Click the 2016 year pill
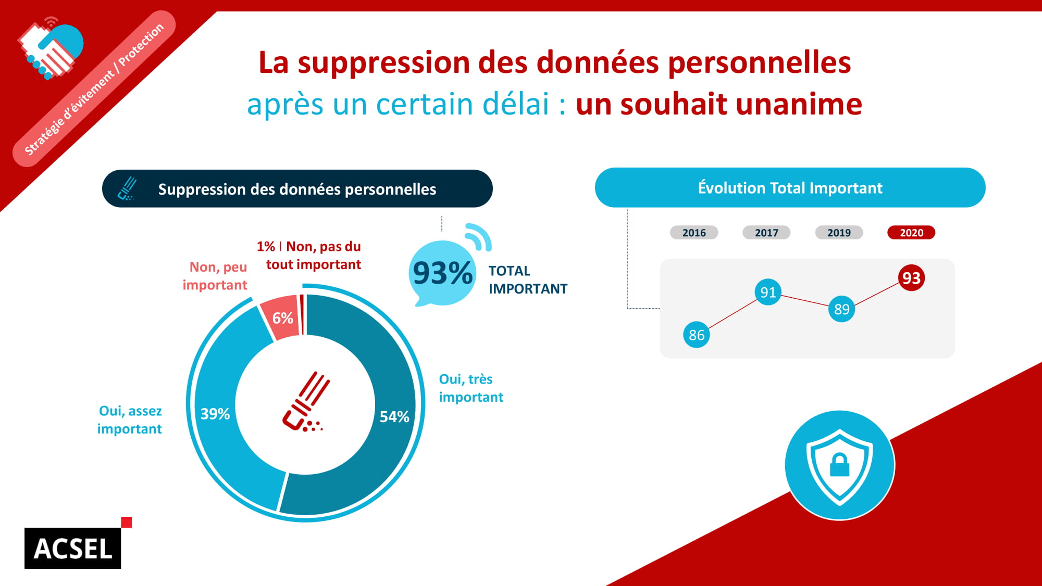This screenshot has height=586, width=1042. [x=694, y=233]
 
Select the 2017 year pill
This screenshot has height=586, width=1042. [x=766, y=233]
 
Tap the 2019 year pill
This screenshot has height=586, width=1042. [x=839, y=233]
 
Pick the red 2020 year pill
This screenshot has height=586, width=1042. [x=911, y=233]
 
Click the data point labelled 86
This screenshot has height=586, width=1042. [x=697, y=335]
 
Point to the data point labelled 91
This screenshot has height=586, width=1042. [x=768, y=292]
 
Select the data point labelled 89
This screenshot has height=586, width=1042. [x=841, y=309]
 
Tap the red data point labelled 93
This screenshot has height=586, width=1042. [x=911, y=278]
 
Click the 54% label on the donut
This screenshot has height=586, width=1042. [x=394, y=416]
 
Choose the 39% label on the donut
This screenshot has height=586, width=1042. [x=215, y=414]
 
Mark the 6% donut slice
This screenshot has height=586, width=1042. [x=282, y=318]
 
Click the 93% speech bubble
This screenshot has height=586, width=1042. [x=442, y=273]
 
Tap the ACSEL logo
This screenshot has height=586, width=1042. [x=73, y=549]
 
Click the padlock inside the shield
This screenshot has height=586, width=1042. [x=839, y=465]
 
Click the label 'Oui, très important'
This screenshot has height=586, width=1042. [x=470, y=388]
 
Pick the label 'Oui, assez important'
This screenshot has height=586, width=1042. [x=130, y=420]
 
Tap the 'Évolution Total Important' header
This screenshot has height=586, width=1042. [x=790, y=188]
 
